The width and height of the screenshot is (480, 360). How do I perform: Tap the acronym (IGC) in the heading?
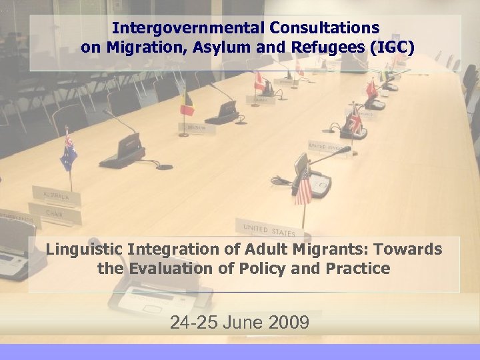click(x=391, y=47)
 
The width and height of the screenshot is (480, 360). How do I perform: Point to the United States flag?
click(x=303, y=186)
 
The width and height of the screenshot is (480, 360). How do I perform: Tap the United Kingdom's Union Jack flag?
click(x=355, y=124)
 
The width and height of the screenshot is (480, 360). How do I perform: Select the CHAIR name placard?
click(x=55, y=214)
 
